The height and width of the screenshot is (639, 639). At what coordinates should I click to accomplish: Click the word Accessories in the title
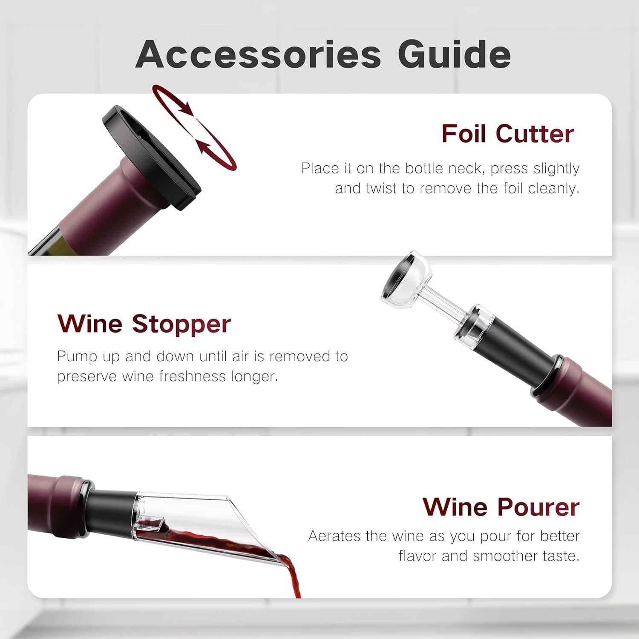258,55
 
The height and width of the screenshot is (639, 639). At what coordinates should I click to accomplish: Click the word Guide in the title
454,55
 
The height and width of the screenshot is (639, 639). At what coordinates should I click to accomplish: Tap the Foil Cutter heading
507,134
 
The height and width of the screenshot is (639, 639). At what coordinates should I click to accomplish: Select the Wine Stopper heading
144,323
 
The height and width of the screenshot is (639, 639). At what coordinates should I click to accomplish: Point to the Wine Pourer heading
501,507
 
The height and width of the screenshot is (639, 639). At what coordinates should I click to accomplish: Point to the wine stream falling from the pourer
294,575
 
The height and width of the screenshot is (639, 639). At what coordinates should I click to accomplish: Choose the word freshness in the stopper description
187,377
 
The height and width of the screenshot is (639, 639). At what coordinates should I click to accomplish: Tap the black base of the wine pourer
113,507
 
